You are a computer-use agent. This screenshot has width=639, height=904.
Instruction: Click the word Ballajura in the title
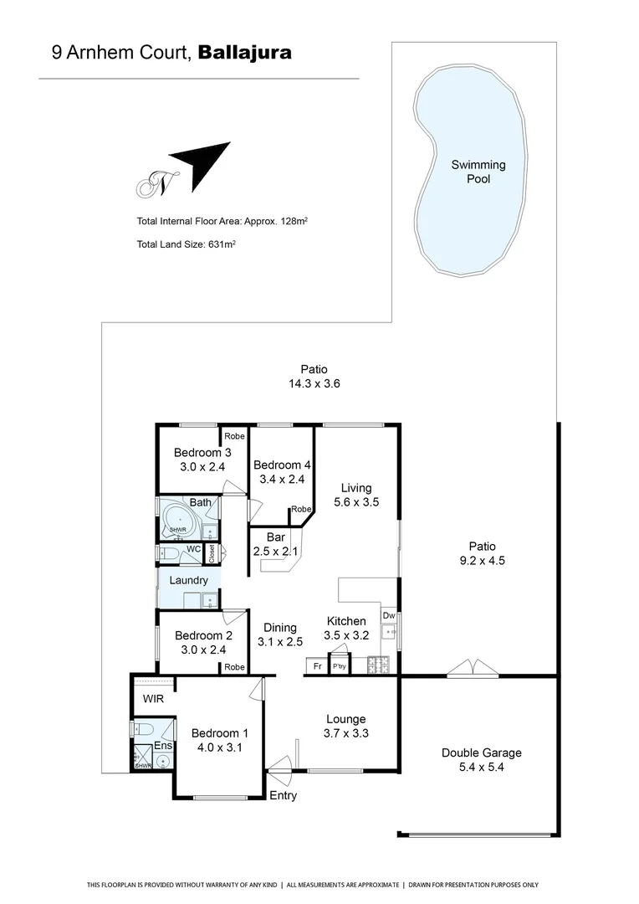pos(245,53)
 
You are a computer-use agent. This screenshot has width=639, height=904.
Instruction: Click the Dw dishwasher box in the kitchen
pos(388,616)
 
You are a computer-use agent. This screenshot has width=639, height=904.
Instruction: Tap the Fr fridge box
pos(316,666)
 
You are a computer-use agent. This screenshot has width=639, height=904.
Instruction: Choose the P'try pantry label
pos(340,667)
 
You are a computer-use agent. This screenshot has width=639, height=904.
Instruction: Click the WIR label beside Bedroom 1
pos(153,698)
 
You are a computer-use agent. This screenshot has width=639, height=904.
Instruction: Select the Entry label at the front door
pos(283,795)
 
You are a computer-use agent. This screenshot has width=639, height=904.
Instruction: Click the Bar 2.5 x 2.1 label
pos(276,544)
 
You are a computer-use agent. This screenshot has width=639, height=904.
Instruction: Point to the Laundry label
pos(188,580)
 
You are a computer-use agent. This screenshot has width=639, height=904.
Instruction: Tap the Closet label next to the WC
pos(212,554)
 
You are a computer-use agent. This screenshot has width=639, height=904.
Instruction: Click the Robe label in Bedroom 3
pos(233,436)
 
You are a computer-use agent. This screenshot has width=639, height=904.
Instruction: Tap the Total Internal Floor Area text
pos(222,222)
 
